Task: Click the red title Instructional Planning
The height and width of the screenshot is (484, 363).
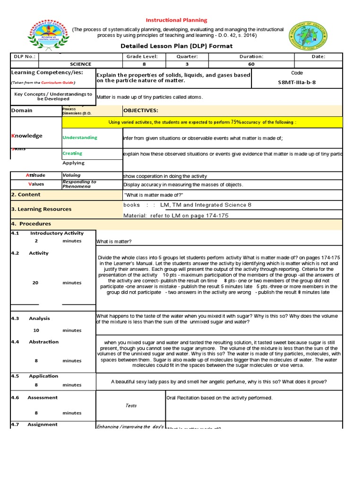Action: tap(176, 20)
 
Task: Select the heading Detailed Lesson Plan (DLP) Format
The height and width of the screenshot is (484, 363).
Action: tap(177, 46)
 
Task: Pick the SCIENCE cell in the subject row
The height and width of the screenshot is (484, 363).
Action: tap(81, 64)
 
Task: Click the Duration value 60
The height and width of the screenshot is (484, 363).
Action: tap(251, 64)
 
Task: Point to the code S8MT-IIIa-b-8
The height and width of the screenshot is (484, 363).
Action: tap(297, 82)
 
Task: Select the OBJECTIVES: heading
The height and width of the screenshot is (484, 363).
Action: tap(141, 111)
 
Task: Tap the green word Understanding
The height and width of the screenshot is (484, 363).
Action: tap(80, 138)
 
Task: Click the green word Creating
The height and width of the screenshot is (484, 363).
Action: tap(72, 153)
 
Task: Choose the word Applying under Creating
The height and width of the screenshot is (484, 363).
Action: tap(74, 163)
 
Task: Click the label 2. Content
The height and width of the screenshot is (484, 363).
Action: tap(26, 195)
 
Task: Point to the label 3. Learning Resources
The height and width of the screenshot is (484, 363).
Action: tap(41, 209)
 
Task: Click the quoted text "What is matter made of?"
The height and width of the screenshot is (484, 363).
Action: tap(153, 195)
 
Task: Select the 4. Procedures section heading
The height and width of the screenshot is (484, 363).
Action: tap(31, 224)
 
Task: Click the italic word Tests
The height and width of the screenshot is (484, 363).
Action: tap(131, 406)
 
